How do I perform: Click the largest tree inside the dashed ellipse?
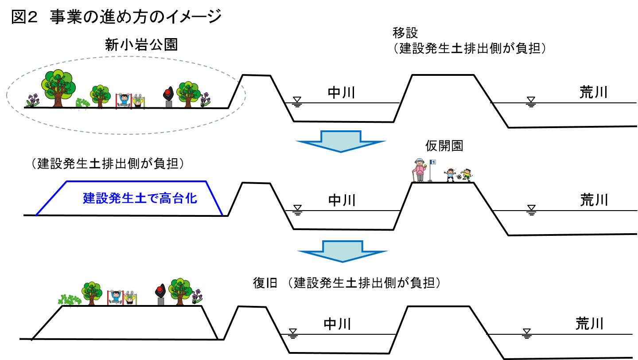[x=58, y=88]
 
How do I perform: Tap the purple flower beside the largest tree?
[x=32, y=100]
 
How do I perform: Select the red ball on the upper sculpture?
[x=167, y=92]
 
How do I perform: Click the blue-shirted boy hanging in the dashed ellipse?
[x=124, y=100]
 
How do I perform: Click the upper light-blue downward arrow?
[x=341, y=141]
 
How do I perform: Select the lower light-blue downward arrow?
[x=342, y=251]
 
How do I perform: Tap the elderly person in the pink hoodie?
[x=419, y=170]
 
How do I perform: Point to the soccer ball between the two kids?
[x=459, y=177]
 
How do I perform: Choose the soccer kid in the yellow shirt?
[x=467, y=175]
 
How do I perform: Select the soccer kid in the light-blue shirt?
[x=451, y=175]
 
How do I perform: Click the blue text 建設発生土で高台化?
[x=140, y=198]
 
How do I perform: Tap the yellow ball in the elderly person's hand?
[x=425, y=165]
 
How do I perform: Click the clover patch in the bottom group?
[x=70, y=299]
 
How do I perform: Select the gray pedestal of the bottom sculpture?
[x=161, y=301]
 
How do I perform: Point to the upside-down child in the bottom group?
[x=130, y=298]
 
